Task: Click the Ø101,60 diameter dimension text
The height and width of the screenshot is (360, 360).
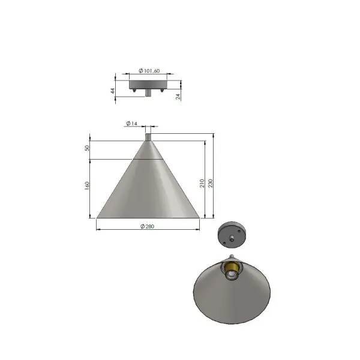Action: pos(149,71)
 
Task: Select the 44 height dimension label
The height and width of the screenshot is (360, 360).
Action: pos(113,91)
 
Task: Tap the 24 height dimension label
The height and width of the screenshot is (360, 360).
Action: pos(178,97)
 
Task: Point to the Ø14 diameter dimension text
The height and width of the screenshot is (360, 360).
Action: pos(132,123)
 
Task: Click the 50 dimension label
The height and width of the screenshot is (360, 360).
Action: pos(87,148)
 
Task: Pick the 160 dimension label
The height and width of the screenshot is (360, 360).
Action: pos(87,185)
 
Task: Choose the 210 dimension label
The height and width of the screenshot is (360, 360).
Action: pos(202,184)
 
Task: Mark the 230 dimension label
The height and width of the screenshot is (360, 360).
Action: pos(211,184)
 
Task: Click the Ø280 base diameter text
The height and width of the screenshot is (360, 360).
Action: pos(148,226)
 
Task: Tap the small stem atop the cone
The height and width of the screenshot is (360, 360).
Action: pos(148,137)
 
